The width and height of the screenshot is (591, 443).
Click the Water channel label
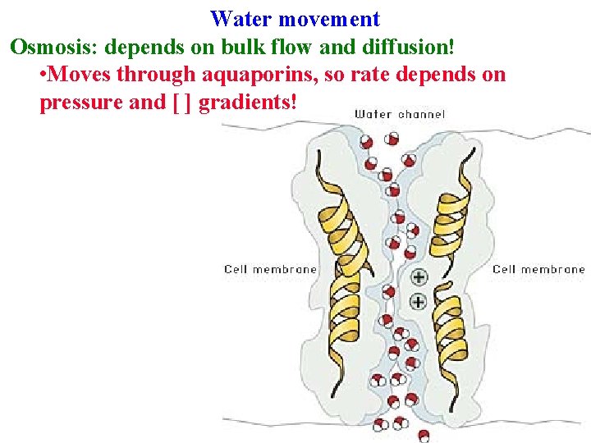[400, 114]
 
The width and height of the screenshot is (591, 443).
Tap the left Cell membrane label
[270, 269]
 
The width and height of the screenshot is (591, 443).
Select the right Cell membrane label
[538, 269]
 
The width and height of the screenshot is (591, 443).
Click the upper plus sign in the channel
[418, 276]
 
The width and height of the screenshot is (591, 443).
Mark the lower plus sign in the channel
[418, 301]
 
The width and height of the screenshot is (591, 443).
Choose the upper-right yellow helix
[454, 213]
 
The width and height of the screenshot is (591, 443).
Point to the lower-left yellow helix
[346, 316]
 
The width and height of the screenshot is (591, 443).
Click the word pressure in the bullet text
[77, 103]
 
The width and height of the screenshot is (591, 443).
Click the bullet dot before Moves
[44, 75]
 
